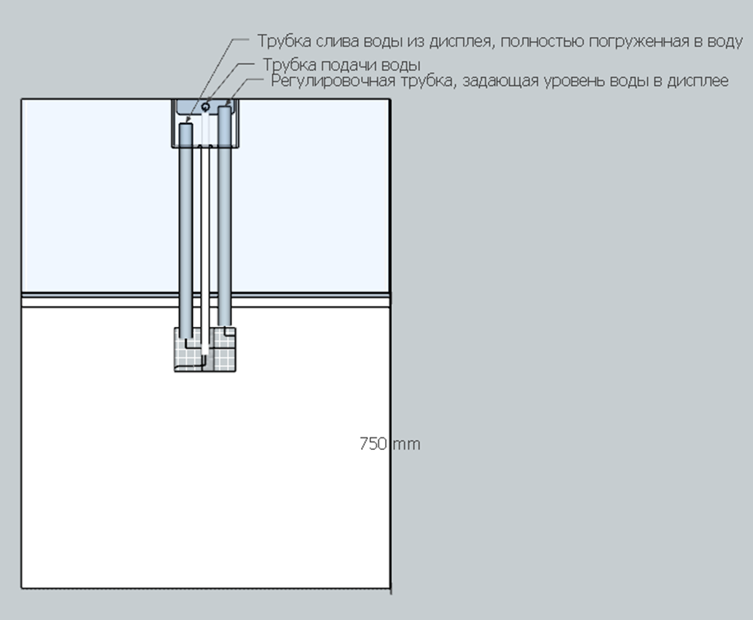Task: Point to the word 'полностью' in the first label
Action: tap(543, 41)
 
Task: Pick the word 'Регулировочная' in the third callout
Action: tap(332, 80)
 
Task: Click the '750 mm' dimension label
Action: tap(390, 444)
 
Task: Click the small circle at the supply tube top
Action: tap(206, 107)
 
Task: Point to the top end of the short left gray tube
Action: tap(186, 124)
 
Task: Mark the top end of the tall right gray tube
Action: tap(224, 107)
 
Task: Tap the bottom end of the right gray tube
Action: tap(224, 325)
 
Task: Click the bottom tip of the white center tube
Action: tap(205, 353)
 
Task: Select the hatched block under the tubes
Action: tap(205, 349)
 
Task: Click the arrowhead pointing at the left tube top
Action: tap(189, 118)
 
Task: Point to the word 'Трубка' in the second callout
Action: tap(289, 65)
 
